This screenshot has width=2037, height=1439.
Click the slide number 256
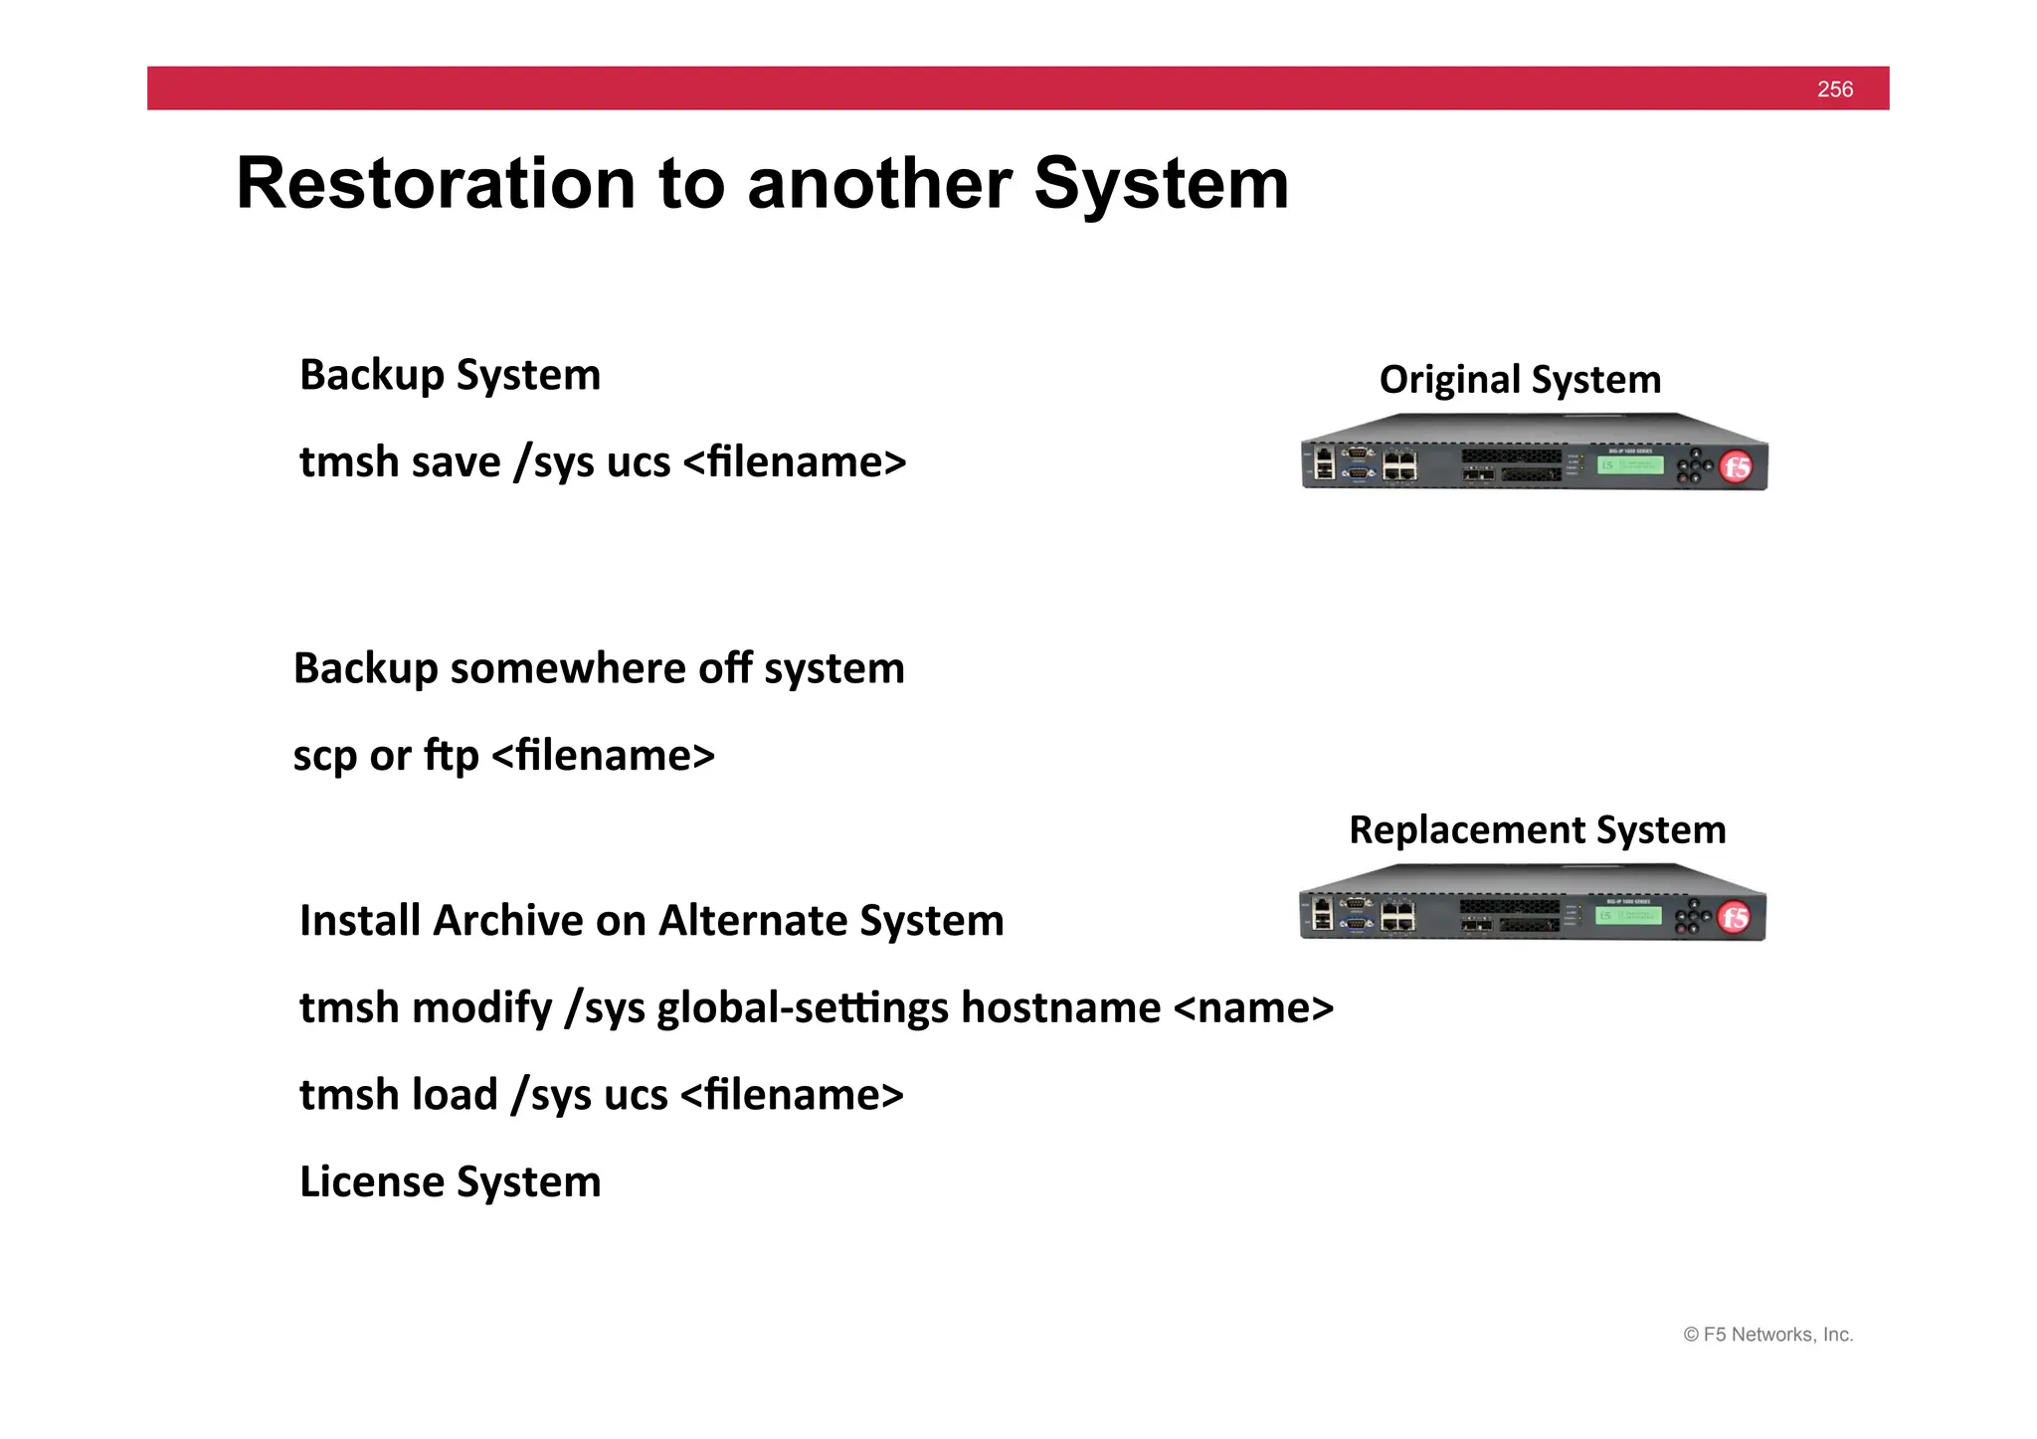pyautogui.click(x=1834, y=90)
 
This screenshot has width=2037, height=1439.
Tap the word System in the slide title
pyautogui.click(x=1161, y=184)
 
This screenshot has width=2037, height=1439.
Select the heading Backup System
pyautogui.click(x=450, y=375)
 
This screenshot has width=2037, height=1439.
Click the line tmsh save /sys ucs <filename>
pyautogui.click(x=603, y=462)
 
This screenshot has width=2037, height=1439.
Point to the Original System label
pyautogui.click(x=1520, y=379)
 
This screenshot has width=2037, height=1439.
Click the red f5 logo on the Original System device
pyautogui.click(x=1737, y=466)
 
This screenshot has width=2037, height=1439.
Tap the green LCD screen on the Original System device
pyautogui.click(x=1630, y=464)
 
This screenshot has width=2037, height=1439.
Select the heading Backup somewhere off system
pyautogui.click(x=599, y=668)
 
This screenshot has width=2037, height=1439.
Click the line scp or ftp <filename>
pyautogui.click(x=503, y=756)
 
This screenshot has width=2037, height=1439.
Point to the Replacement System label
pyautogui.click(x=1537, y=829)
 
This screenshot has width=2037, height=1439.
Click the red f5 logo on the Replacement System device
pyautogui.click(x=1735, y=917)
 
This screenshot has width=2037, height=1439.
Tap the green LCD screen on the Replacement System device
pyautogui.click(x=1628, y=915)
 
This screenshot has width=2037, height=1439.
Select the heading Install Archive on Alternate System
pyautogui.click(x=651, y=921)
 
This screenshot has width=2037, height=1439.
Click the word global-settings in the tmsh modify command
pyautogui.click(x=803, y=1008)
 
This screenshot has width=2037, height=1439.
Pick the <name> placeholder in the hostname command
pyautogui.click(x=1253, y=1008)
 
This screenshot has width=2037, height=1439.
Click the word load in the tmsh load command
pyautogui.click(x=454, y=1095)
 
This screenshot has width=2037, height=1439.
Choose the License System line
pyautogui.click(x=450, y=1182)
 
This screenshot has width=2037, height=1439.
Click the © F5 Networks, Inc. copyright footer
pyautogui.click(x=1767, y=1335)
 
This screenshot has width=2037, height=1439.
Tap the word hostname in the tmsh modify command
pyautogui.click(x=1060, y=1008)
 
